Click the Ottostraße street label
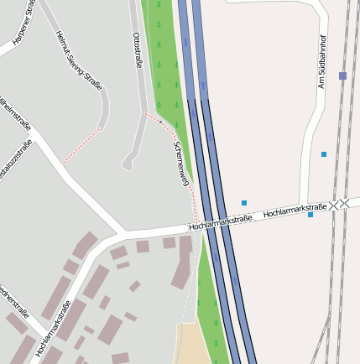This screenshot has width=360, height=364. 138,50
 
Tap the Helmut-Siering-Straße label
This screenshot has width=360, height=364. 79,60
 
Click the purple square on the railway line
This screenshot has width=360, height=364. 342,75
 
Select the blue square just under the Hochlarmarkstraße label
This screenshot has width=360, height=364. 310,215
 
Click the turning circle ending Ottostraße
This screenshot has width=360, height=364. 128,165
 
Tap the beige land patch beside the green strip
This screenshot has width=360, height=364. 192,344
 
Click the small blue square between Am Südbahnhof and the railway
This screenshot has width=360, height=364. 324,154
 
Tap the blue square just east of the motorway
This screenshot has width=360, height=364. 244,203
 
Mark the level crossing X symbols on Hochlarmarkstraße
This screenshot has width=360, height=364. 339,205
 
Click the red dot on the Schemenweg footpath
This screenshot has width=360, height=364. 160,121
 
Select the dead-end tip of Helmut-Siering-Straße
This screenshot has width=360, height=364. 104,124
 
